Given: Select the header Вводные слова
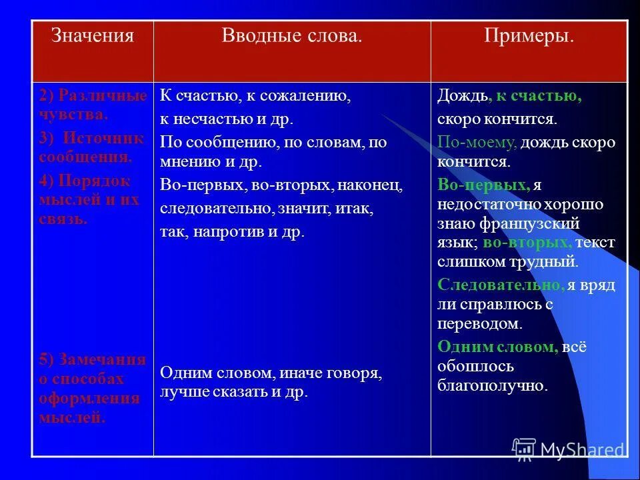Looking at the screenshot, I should pos(291,35).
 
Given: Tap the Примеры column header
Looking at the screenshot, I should pos(529,35).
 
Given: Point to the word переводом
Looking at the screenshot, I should pos(479,323).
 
